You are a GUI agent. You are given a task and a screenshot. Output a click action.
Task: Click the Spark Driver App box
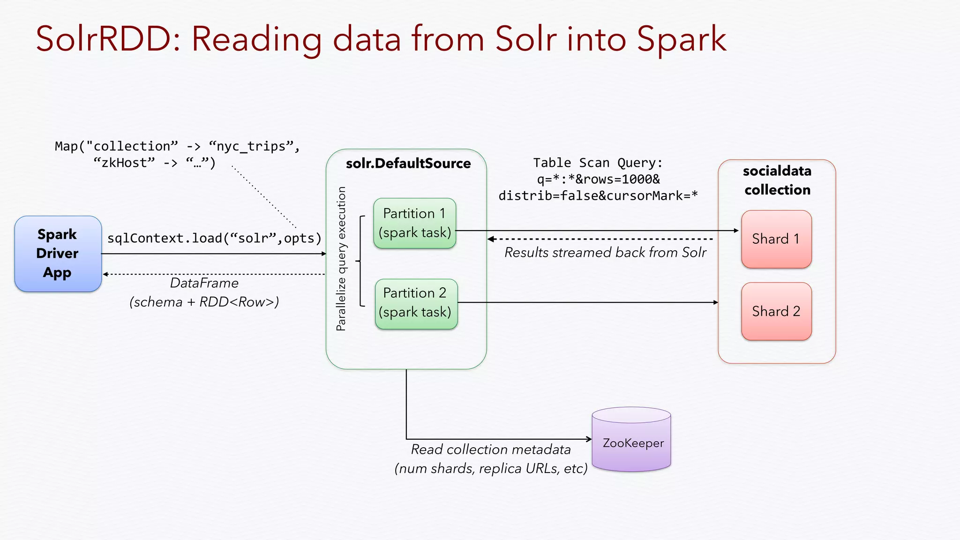click(58, 254)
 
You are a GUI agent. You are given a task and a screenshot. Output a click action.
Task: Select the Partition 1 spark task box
click(414, 223)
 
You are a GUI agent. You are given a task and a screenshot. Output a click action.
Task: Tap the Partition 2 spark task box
click(416, 303)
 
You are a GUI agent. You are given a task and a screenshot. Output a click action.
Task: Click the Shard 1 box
click(776, 239)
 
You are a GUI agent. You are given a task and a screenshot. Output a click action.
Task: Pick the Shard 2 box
click(776, 311)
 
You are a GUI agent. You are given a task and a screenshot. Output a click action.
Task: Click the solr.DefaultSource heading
click(408, 164)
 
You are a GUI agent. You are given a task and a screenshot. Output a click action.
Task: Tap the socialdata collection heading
click(777, 180)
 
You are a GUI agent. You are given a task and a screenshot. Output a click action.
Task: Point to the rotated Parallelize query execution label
click(341, 259)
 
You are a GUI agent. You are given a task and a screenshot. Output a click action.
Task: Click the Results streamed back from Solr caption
click(605, 253)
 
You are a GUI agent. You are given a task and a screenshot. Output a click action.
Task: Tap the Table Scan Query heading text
click(598, 163)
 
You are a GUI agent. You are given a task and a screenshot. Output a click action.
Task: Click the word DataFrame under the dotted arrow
click(204, 283)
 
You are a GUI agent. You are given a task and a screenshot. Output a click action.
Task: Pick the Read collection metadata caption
click(490, 450)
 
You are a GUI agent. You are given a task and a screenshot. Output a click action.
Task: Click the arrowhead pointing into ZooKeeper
click(589, 439)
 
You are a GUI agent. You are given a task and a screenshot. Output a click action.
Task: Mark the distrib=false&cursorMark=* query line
click(598, 195)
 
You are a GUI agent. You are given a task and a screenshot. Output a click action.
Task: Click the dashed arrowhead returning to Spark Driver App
click(105, 274)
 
